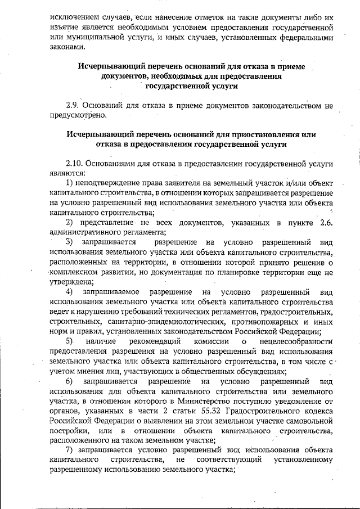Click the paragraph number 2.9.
74,105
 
